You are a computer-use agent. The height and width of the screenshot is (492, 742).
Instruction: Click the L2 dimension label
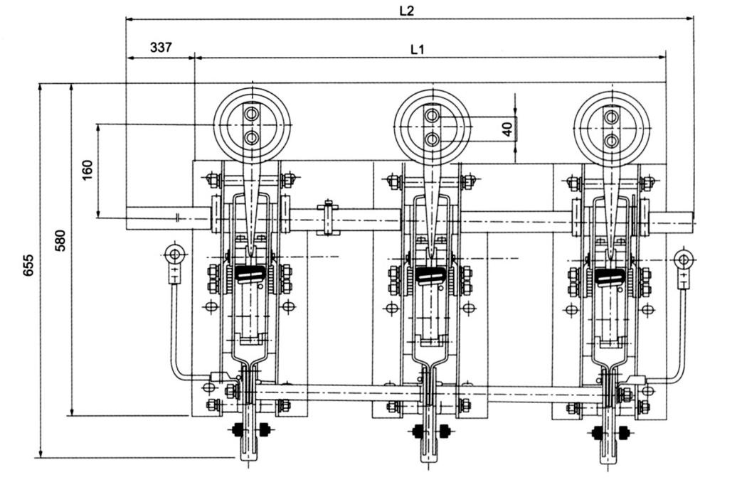click(406, 11)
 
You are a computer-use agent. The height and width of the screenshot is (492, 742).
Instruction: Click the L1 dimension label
click(417, 49)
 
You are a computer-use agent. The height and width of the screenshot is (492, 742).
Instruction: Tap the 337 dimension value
click(161, 48)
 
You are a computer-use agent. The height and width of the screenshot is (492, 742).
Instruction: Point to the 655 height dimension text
click(28, 265)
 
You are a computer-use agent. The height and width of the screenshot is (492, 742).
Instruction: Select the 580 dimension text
click(60, 240)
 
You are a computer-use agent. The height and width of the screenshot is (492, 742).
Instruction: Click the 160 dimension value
click(88, 170)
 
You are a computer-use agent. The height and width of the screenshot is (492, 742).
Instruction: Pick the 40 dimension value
click(507, 129)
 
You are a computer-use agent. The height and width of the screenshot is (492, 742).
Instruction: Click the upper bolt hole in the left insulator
click(252, 114)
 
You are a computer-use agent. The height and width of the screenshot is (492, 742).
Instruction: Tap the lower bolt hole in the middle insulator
click(431, 139)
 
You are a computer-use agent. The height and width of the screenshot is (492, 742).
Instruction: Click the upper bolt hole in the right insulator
click(611, 116)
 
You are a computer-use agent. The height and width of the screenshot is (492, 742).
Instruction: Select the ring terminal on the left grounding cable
click(174, 255)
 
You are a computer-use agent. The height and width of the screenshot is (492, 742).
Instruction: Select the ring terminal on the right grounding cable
click(684, 259)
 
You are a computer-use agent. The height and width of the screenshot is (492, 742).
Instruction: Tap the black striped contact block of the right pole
click(610, 277)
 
